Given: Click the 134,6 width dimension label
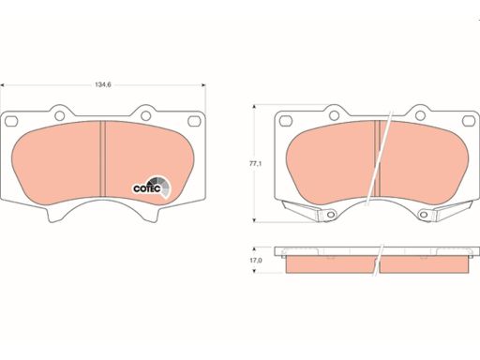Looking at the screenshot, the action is point(103,84).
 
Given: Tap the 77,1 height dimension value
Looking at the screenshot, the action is point(255,163).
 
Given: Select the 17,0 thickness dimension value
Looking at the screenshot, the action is point(255,260).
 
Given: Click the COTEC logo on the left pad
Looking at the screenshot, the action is point(151,187).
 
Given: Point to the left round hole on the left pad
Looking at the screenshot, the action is point(59,115).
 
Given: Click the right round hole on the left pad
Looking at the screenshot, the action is point(146,115).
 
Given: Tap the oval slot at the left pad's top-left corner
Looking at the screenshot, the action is point(11,121).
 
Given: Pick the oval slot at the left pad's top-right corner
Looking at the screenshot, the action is point(194,121).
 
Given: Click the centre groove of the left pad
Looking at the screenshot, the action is point(103,158).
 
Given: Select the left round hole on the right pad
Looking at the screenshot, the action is point(334,115).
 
